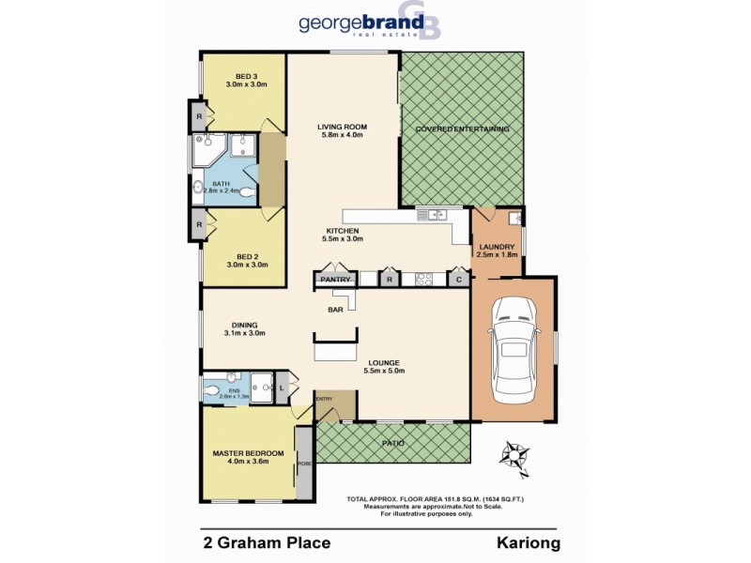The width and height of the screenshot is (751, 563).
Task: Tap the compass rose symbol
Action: pos(513,456)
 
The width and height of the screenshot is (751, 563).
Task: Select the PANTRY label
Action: pos(335,279)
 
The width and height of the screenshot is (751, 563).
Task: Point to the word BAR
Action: pos(334,308)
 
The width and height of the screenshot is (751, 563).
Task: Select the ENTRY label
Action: pos(325,399)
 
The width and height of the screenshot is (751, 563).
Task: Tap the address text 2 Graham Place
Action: pos(267,541)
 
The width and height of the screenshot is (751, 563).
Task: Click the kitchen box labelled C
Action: pos(458,279)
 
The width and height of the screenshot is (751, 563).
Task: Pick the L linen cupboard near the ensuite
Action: pos(283,387)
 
